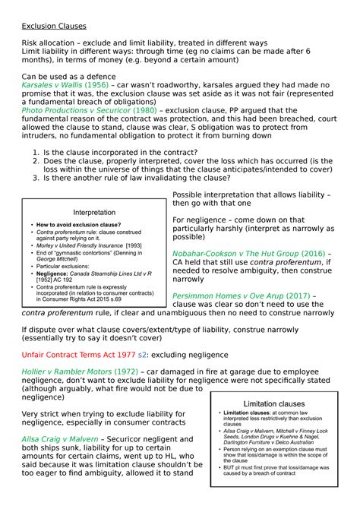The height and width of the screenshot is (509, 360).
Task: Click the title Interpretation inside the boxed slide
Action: (94, 212)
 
